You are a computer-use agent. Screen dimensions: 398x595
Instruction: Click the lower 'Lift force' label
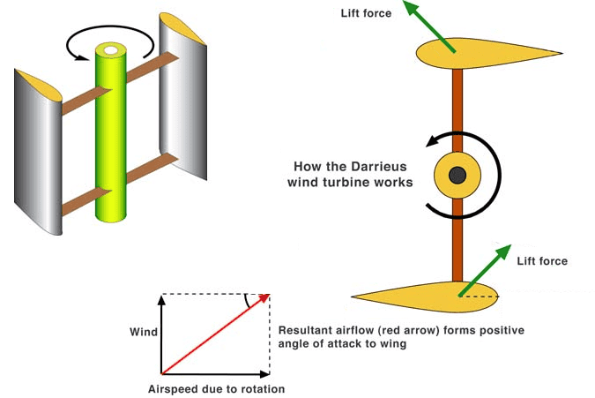[542, 261]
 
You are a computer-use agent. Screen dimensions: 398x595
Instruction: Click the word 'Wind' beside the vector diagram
[144, 333]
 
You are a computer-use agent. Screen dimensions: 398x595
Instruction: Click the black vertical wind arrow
[161, 335]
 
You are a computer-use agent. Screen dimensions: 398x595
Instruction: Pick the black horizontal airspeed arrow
[212, 373]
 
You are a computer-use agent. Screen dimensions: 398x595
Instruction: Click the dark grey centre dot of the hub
[457, 176]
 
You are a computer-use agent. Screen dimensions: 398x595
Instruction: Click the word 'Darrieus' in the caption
[368, 166]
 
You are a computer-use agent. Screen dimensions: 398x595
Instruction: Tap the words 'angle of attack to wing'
[341, 344]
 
